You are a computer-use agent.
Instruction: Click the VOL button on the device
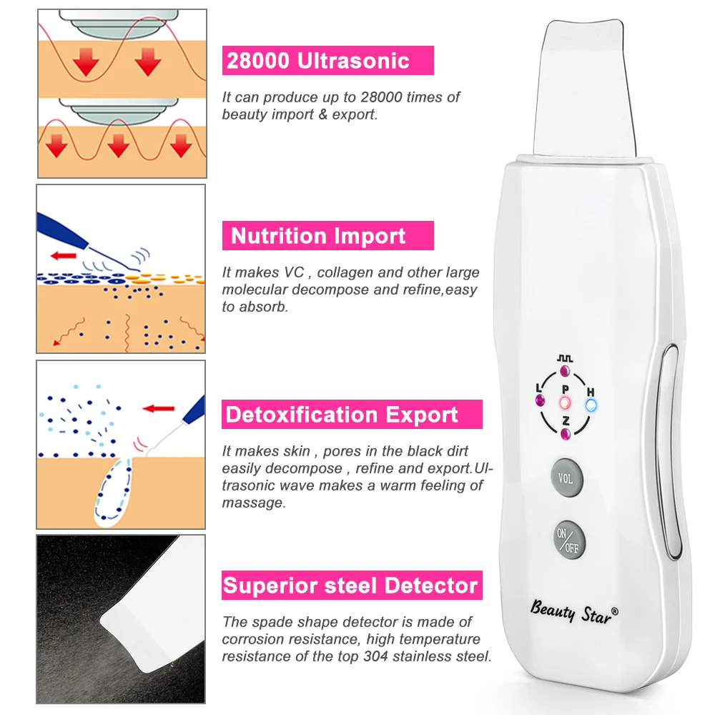566,478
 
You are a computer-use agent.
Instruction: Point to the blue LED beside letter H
591,405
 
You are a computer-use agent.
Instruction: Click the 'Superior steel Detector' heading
350,586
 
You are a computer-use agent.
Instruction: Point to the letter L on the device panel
538,388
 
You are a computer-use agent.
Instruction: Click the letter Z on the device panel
565,420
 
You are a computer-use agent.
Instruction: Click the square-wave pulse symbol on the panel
565,357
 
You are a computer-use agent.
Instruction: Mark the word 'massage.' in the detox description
253,503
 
